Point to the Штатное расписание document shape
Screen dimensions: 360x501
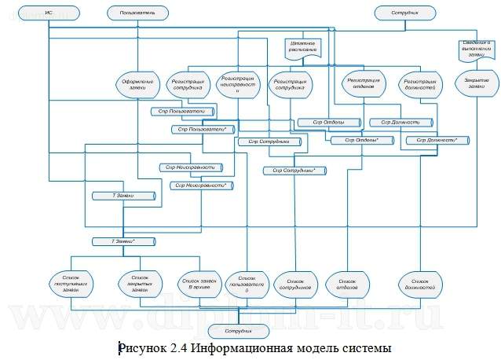click(x=302, y=47)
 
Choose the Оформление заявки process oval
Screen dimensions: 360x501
click(x=136, y=84)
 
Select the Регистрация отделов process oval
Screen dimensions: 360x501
click(x=361, y=83)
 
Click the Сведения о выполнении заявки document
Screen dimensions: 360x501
click(x=471, y=50)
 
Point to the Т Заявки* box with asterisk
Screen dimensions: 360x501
click(x=119, y=241)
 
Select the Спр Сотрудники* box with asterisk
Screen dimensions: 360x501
click(x=294, y=170)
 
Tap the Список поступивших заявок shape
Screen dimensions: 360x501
click(x=73, y=284)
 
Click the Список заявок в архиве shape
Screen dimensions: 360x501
click(x=197, y=283)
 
